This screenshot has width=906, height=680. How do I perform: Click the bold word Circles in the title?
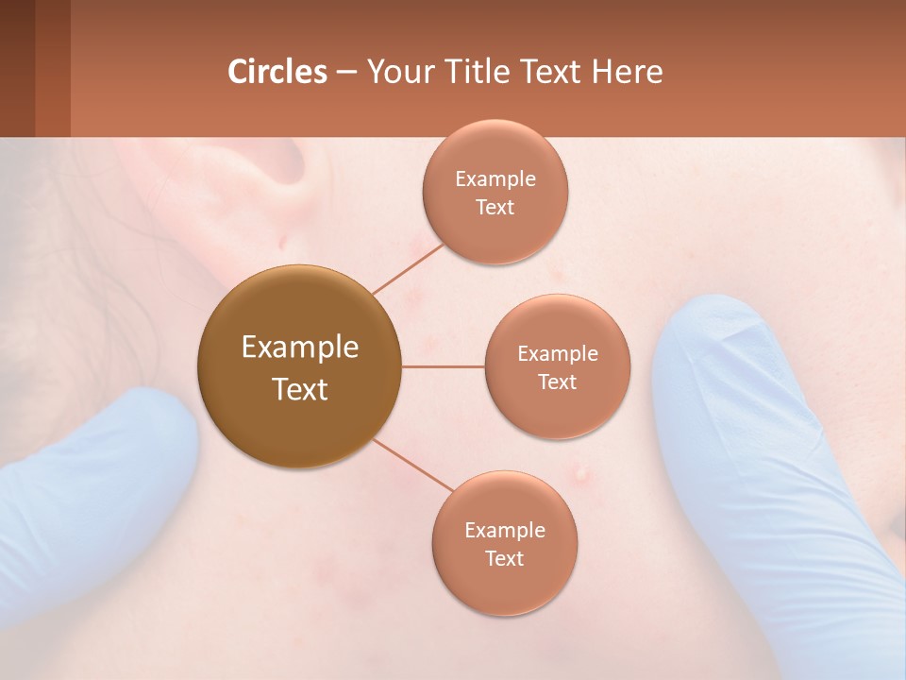pos(277,72)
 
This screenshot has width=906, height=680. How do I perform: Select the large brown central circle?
pos(300,366)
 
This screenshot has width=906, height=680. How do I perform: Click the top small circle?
pos(495,192)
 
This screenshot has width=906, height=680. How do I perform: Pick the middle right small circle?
pos(558,366)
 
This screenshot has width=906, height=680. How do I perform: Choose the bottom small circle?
pos(505,543)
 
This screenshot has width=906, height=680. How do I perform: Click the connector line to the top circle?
pos(408,268)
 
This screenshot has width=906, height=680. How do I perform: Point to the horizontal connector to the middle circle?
pos(444,366)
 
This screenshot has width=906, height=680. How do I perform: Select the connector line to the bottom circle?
pos(413,465)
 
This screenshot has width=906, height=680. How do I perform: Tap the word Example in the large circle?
pos(300,348)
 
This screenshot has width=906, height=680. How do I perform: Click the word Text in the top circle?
pos(495,207)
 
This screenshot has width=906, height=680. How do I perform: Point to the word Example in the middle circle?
pos(558,354)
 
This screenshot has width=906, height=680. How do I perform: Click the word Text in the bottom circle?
pos(505,558)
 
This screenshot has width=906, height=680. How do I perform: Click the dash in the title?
pos(346,73)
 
